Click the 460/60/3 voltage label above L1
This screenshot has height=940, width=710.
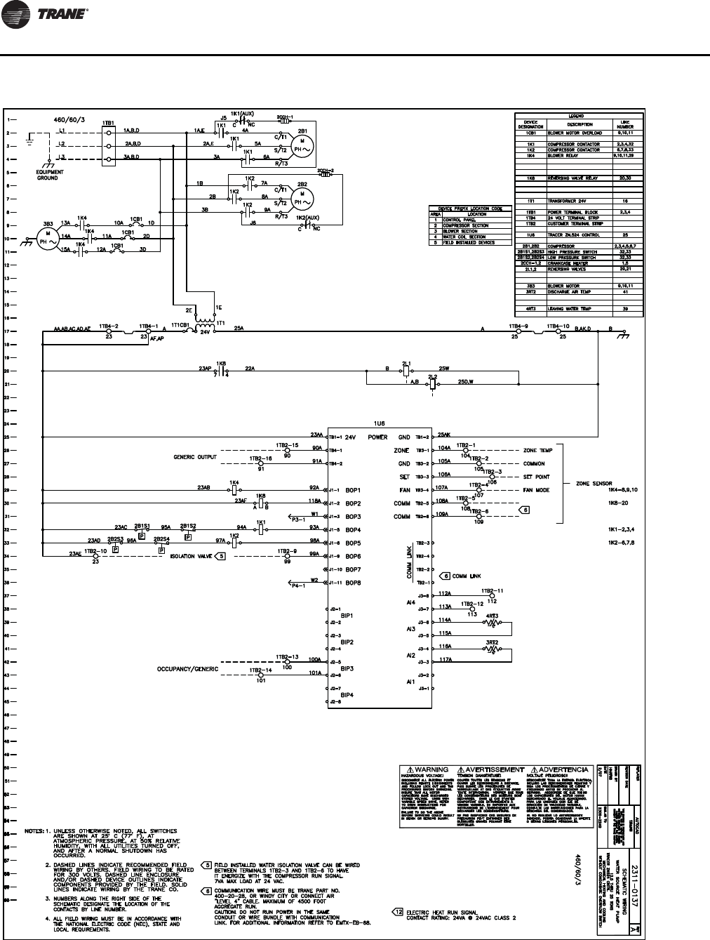pos(73,120)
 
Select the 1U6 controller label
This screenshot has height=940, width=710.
pos(380,424)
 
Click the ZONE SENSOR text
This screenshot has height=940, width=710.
pos(595,484)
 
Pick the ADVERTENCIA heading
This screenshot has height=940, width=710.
pos(563,769)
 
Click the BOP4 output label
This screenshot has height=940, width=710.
pos(352,529)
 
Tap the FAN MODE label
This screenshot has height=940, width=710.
pos(537,489)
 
